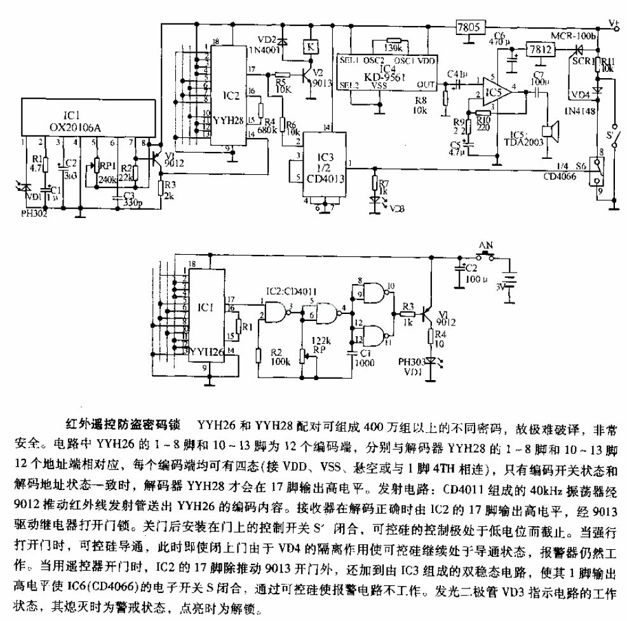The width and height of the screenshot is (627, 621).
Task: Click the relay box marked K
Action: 309,46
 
